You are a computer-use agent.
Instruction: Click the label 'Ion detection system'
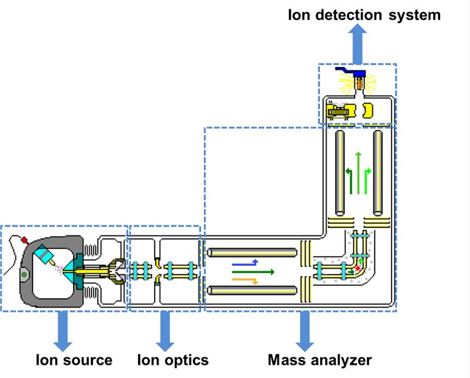(x=364, y=15)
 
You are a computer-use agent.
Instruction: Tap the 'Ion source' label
(x=74, y=360)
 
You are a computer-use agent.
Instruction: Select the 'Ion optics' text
(x=173, y=360)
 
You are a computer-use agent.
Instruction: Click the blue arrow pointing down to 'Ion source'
(x=64, y=330)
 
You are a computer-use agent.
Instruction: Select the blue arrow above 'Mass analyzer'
(x=305, y=330)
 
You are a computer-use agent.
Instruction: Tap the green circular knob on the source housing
(x=24, y=274)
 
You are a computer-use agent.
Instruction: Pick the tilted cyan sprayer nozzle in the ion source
(x=44, y=255)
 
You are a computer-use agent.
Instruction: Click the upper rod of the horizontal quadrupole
(x=252, y=253)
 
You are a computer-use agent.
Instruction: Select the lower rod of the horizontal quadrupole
(x=252, y=290)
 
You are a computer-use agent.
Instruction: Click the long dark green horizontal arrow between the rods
(x=252, y=271)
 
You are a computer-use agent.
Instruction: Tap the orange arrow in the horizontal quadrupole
(x=244, y=280)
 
